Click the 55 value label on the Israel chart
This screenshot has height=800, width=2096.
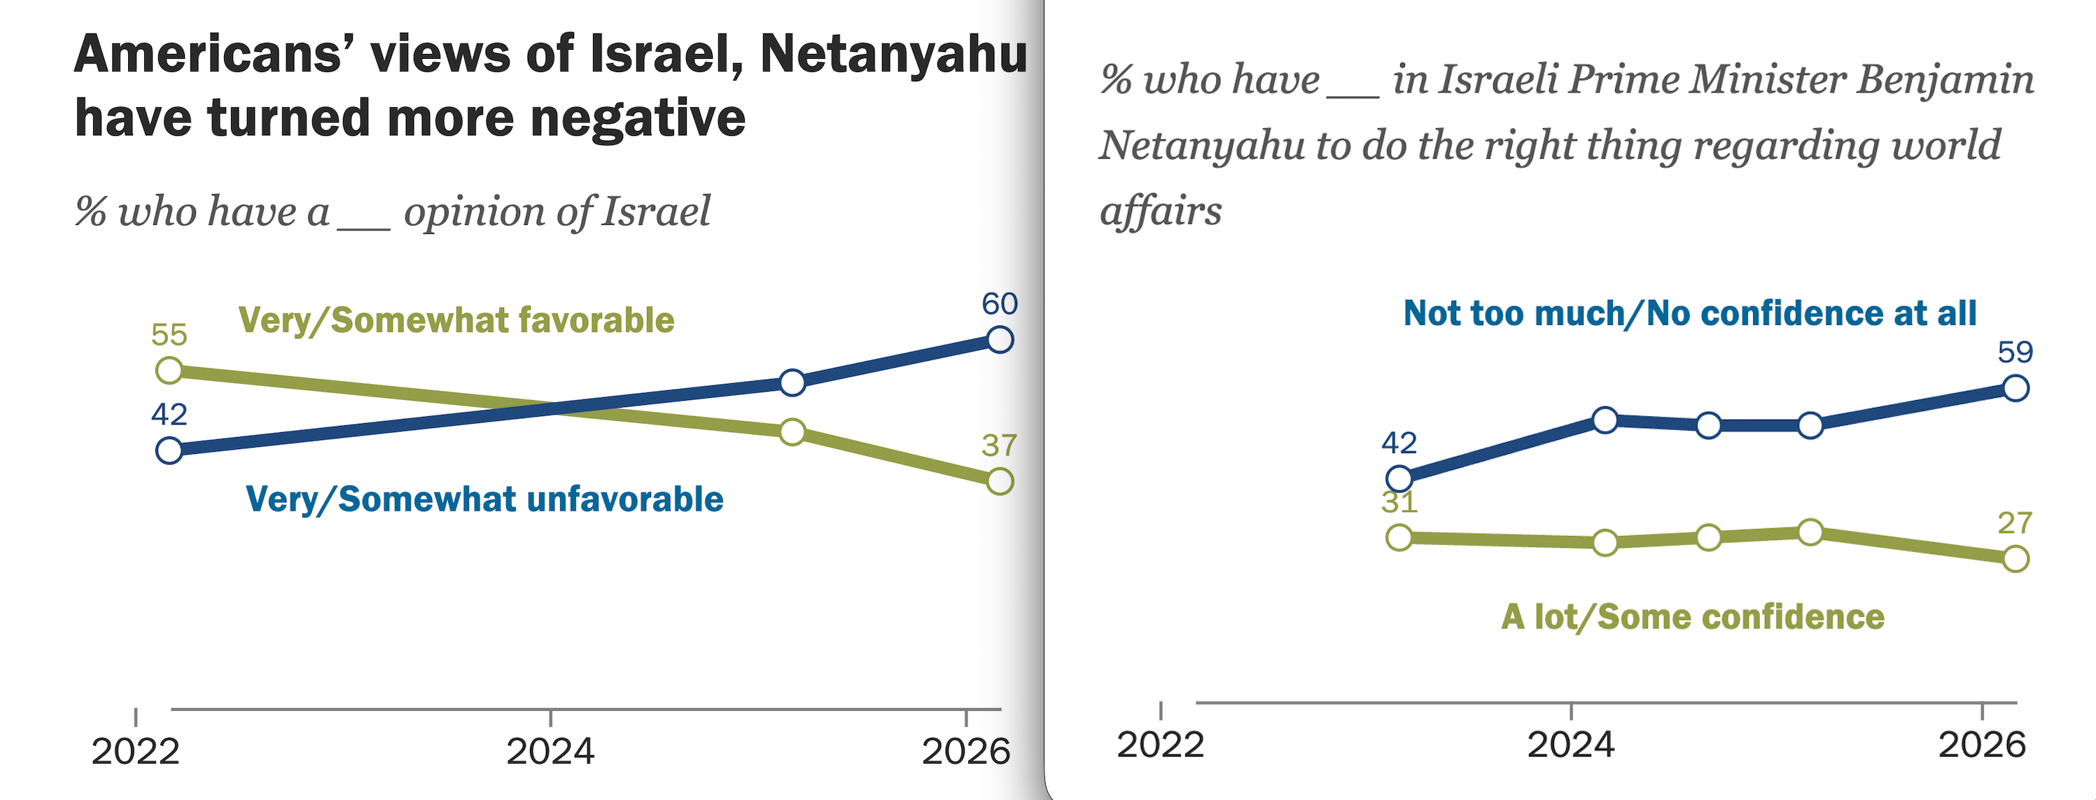coord(169,334)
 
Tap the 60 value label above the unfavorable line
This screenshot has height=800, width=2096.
coord(999,303)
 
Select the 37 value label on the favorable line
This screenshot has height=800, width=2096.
coord(998,445)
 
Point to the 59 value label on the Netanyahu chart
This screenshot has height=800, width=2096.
coord(2015,352)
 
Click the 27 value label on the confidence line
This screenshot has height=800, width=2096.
coord(2015,523)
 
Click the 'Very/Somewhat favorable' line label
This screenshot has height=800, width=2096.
coord(456,320)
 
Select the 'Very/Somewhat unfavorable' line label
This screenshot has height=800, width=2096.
coord(484,499)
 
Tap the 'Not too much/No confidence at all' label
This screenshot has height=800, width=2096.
coord(1690,313)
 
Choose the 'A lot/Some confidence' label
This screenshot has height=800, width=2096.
coord(1693,617)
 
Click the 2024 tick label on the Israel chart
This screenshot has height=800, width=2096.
coord(550,750)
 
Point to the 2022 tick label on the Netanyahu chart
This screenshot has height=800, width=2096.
coord(1159,745)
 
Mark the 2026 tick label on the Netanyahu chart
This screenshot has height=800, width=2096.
coord(1981,745)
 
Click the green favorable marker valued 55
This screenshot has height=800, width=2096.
coord(169,371)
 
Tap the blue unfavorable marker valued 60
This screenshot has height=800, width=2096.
coord(999,339)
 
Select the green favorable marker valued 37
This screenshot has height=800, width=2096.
coord(999,481)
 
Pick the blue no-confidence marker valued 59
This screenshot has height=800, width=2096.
coord(2015,388)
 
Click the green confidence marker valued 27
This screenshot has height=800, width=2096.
coord(2015,559)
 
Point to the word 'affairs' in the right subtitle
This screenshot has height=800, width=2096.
coord(1160,211)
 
